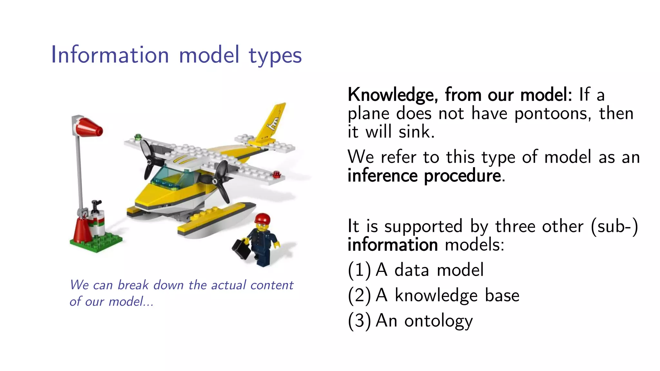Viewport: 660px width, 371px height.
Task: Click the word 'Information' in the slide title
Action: [x=110, y=55]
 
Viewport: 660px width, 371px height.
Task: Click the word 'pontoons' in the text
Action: [x=552, y=114]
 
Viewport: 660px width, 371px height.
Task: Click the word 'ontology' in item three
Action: [x=438, y=321]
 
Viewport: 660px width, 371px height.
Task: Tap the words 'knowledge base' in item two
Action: [x=457, y=296]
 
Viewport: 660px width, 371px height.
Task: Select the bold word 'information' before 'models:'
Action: [x=393, y=245]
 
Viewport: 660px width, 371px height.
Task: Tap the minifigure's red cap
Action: [x=262, y=218]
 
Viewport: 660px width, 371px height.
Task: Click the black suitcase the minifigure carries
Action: [x=241, y=249]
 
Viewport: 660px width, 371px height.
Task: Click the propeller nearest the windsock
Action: [x=148, y=159]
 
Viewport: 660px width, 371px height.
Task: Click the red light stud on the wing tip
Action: [x=277, y=175]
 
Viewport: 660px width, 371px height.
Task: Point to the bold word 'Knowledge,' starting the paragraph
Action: [x=393, y=95]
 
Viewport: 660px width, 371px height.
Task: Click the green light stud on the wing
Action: [x=138, y=137]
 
